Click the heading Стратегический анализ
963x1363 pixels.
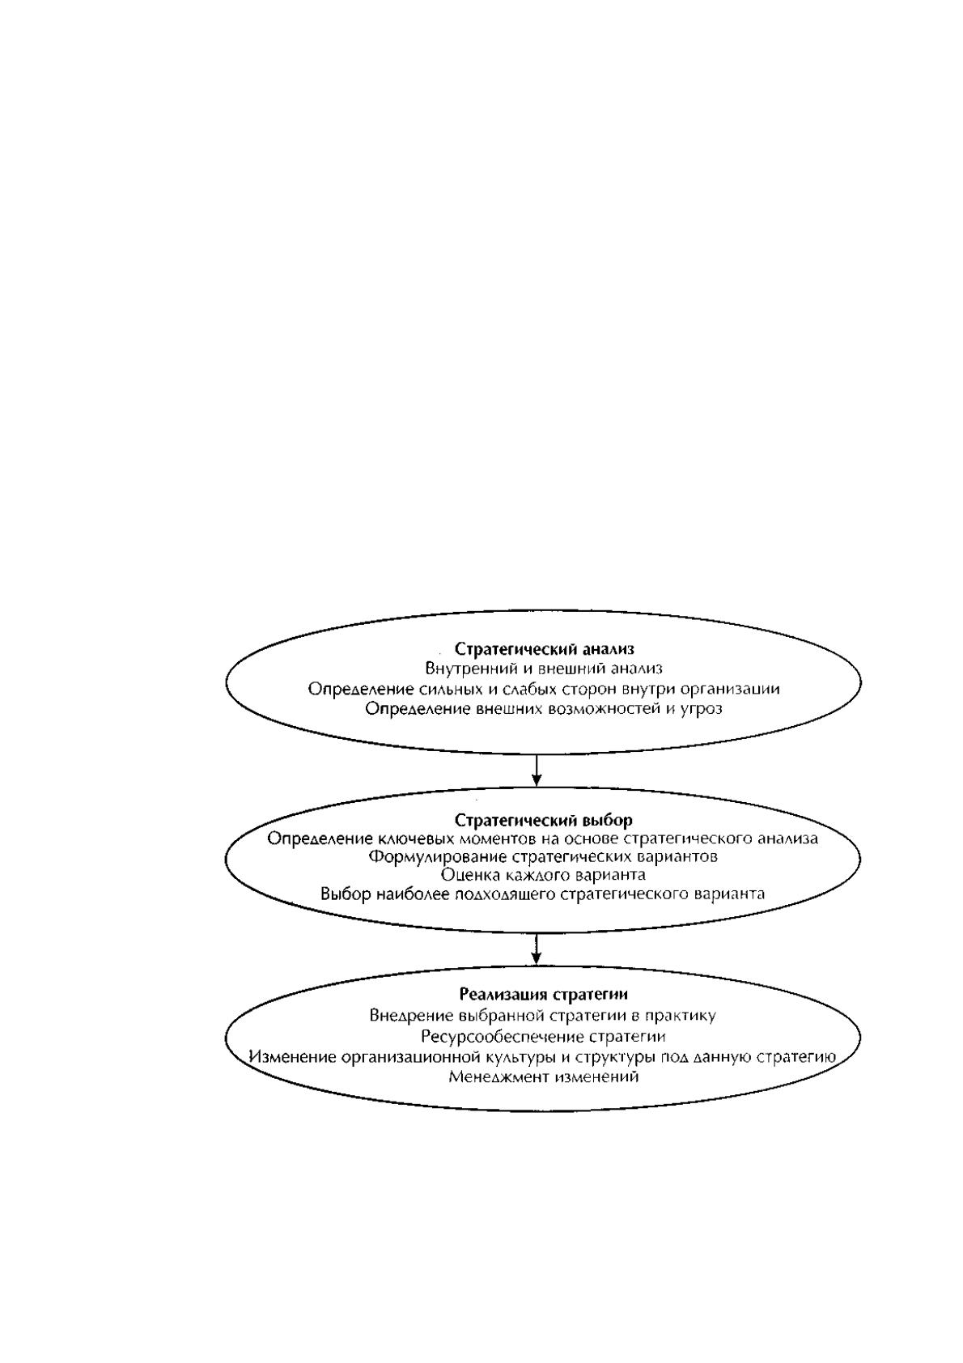pos(545,648)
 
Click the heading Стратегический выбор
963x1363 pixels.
pos(544,819)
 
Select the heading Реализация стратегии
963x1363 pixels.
pos(543,994)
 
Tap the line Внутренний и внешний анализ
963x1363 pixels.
pos(544,668)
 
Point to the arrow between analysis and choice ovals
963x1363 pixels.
pos(536,770)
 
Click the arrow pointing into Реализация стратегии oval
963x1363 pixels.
pos(536,949)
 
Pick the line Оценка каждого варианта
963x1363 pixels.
pos(543,875)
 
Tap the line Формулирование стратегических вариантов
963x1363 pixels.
pos(543,856)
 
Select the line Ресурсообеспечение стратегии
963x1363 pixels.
pos(543,1036)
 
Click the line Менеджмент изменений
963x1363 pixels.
pos(543,1076)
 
